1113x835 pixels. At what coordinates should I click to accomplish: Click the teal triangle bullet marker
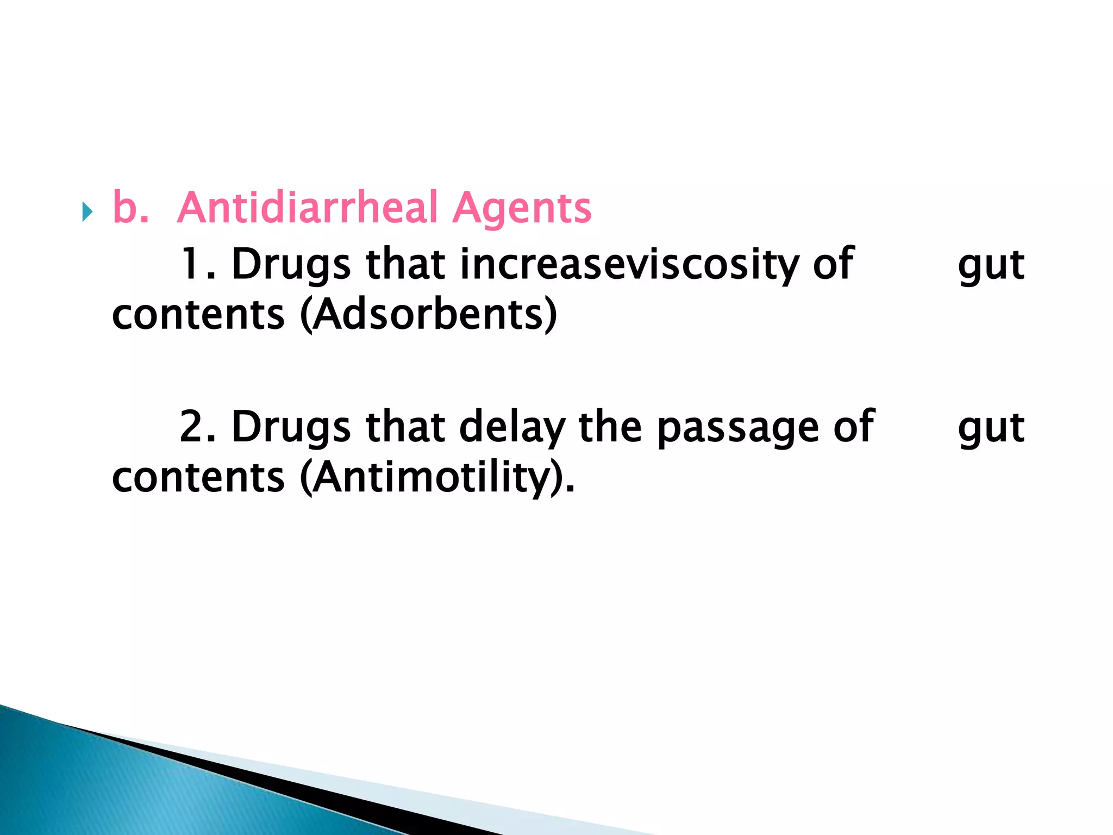point(87,211)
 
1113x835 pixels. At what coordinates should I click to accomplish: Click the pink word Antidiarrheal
point(308,208)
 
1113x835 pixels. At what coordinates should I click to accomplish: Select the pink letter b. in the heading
point(130,208)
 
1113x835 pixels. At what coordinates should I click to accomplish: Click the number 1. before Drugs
point(197,264)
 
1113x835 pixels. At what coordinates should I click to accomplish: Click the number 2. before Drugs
point(197,427)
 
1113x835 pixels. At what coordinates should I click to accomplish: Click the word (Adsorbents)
point(429,315)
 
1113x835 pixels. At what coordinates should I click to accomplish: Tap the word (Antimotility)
point(437,478)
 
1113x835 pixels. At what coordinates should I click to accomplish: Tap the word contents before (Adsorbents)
point(198,315)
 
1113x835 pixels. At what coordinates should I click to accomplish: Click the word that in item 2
point(405,427)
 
